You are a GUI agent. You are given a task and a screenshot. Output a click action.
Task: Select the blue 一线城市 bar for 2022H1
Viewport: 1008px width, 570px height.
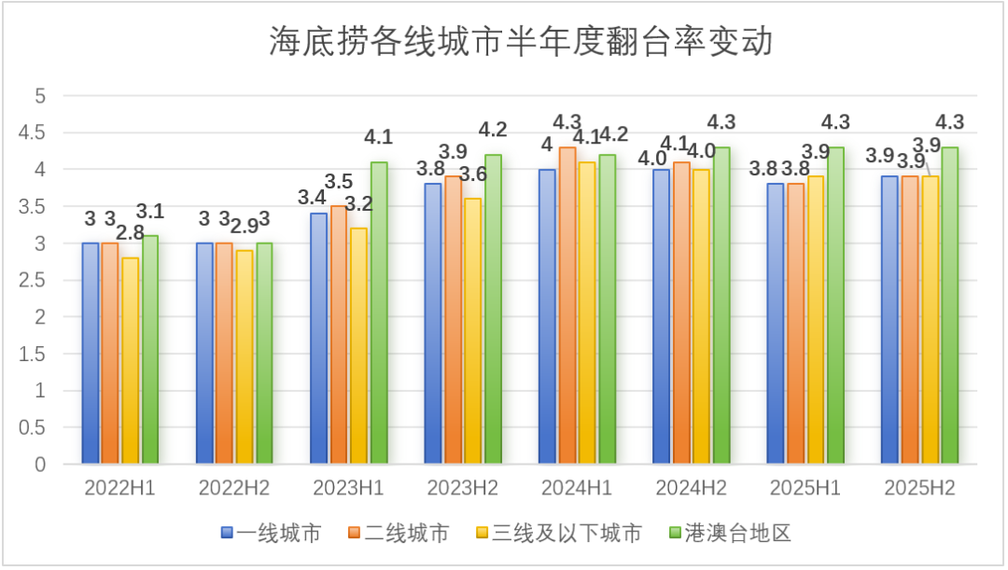(91, 353)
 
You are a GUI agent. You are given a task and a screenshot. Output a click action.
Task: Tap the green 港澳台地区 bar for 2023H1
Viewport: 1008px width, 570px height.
(378, 313)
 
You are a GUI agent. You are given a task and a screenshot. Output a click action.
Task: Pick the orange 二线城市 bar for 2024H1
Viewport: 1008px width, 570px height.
(567, 305)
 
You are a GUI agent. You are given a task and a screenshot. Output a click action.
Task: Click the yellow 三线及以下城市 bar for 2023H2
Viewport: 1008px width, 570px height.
(473, 330)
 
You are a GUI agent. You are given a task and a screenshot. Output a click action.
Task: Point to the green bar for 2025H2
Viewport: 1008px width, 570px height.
(949, 305)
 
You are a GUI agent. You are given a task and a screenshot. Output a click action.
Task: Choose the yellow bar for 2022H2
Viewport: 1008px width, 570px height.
(245, 356)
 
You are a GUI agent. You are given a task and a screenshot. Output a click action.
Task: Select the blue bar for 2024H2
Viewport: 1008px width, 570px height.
(661, 316)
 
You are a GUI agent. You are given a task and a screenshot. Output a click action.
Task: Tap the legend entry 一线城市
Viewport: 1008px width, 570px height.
(272, 534)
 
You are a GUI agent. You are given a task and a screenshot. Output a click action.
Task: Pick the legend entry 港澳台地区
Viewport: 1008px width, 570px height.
(728, 534)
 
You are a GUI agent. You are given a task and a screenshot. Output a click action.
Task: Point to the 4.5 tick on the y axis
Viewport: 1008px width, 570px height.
(33, 132)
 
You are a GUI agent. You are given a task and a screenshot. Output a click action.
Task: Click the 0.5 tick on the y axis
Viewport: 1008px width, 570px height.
(33, 427)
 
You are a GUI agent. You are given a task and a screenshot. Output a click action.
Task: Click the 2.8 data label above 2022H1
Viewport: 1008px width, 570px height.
(130, 232)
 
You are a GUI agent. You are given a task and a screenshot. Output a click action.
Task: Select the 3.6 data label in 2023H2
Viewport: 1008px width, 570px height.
(473, 174)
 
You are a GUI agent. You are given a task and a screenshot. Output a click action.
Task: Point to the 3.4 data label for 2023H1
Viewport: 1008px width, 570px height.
(312, 198)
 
